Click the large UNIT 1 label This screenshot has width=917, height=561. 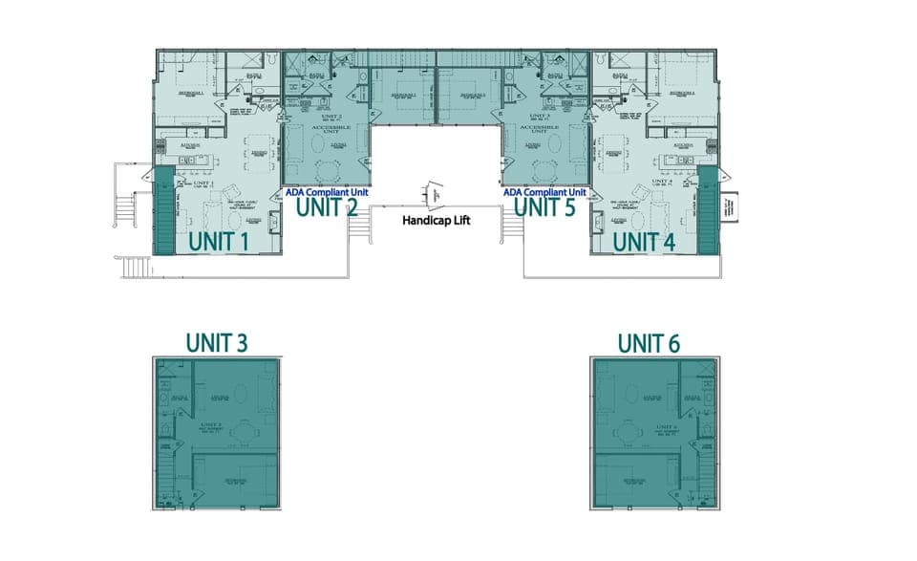point(219,242)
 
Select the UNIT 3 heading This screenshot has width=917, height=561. point(219,342)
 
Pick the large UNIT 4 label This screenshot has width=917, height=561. point(643,242)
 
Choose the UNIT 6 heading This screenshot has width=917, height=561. point(649,342)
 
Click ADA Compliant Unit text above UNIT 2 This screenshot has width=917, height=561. point(327,190)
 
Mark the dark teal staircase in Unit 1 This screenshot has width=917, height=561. point(161,210)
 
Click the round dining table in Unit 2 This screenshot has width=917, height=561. point(328,170)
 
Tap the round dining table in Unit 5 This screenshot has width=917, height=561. point(545,170)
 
